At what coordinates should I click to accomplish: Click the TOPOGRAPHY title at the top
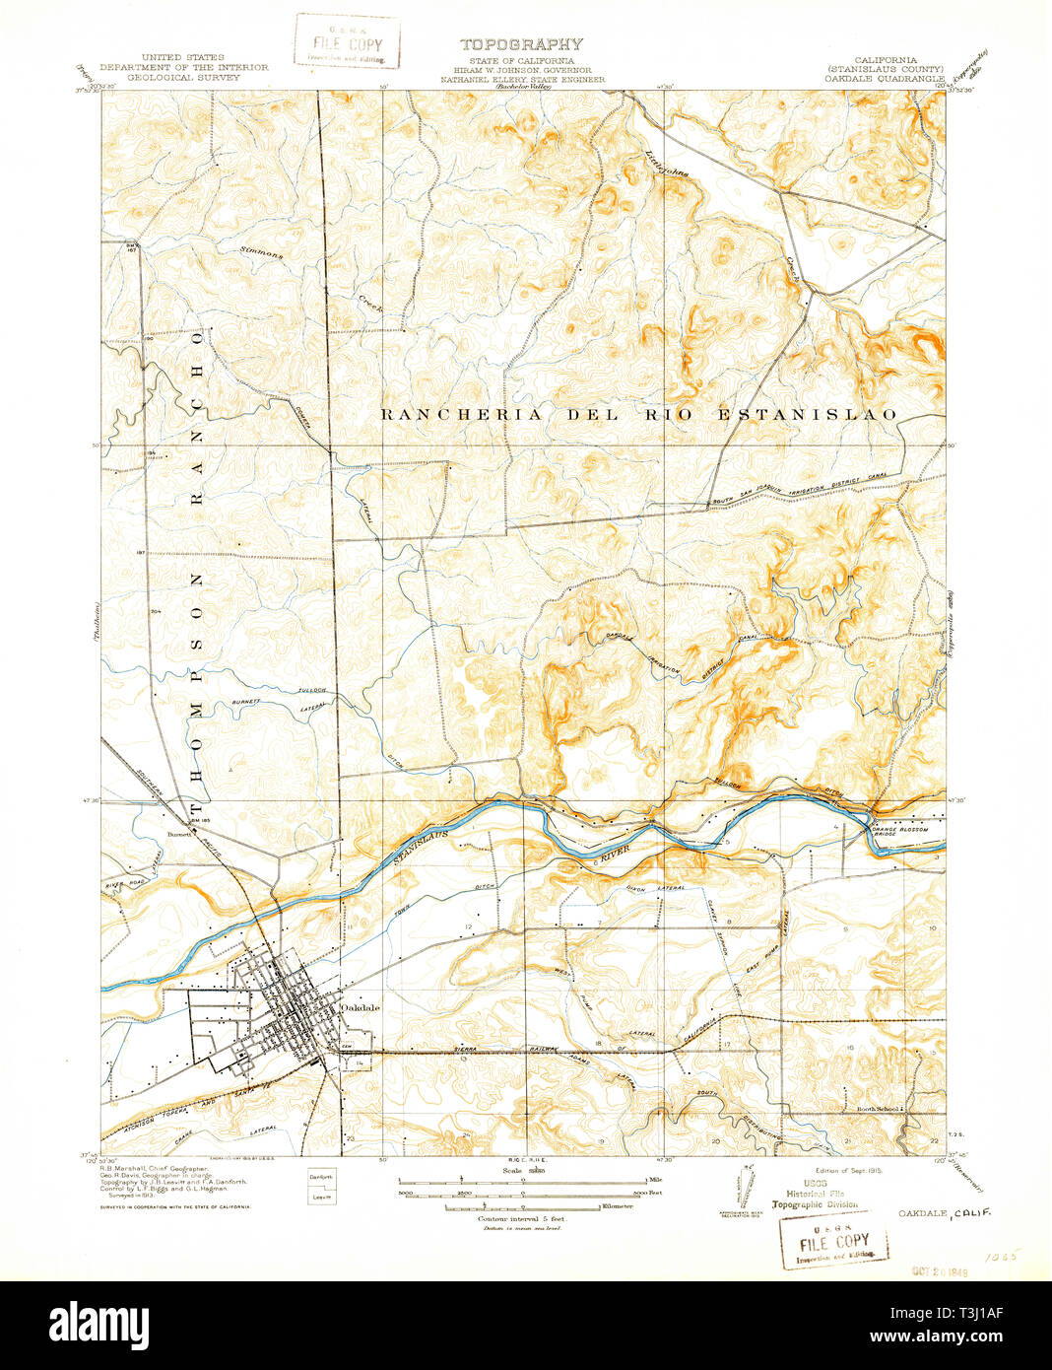coord(520,44)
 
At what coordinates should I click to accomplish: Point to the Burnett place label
coord(178,832)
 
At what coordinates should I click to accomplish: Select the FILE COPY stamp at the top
coord(348,41)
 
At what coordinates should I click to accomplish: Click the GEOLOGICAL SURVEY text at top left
coord(182,76)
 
